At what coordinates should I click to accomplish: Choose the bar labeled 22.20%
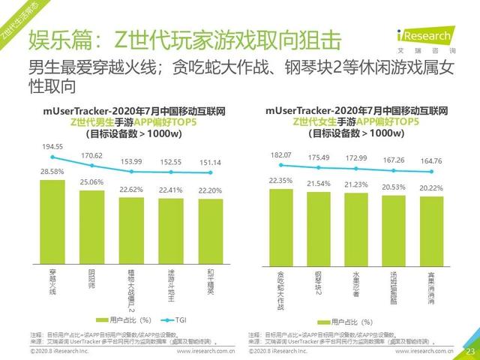point(211,229)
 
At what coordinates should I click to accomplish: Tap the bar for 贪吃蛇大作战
point(280,225)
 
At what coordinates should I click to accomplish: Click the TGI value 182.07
point(280,154)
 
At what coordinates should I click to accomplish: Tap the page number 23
point(471,351)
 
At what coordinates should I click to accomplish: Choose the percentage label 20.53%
point(394,187)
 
